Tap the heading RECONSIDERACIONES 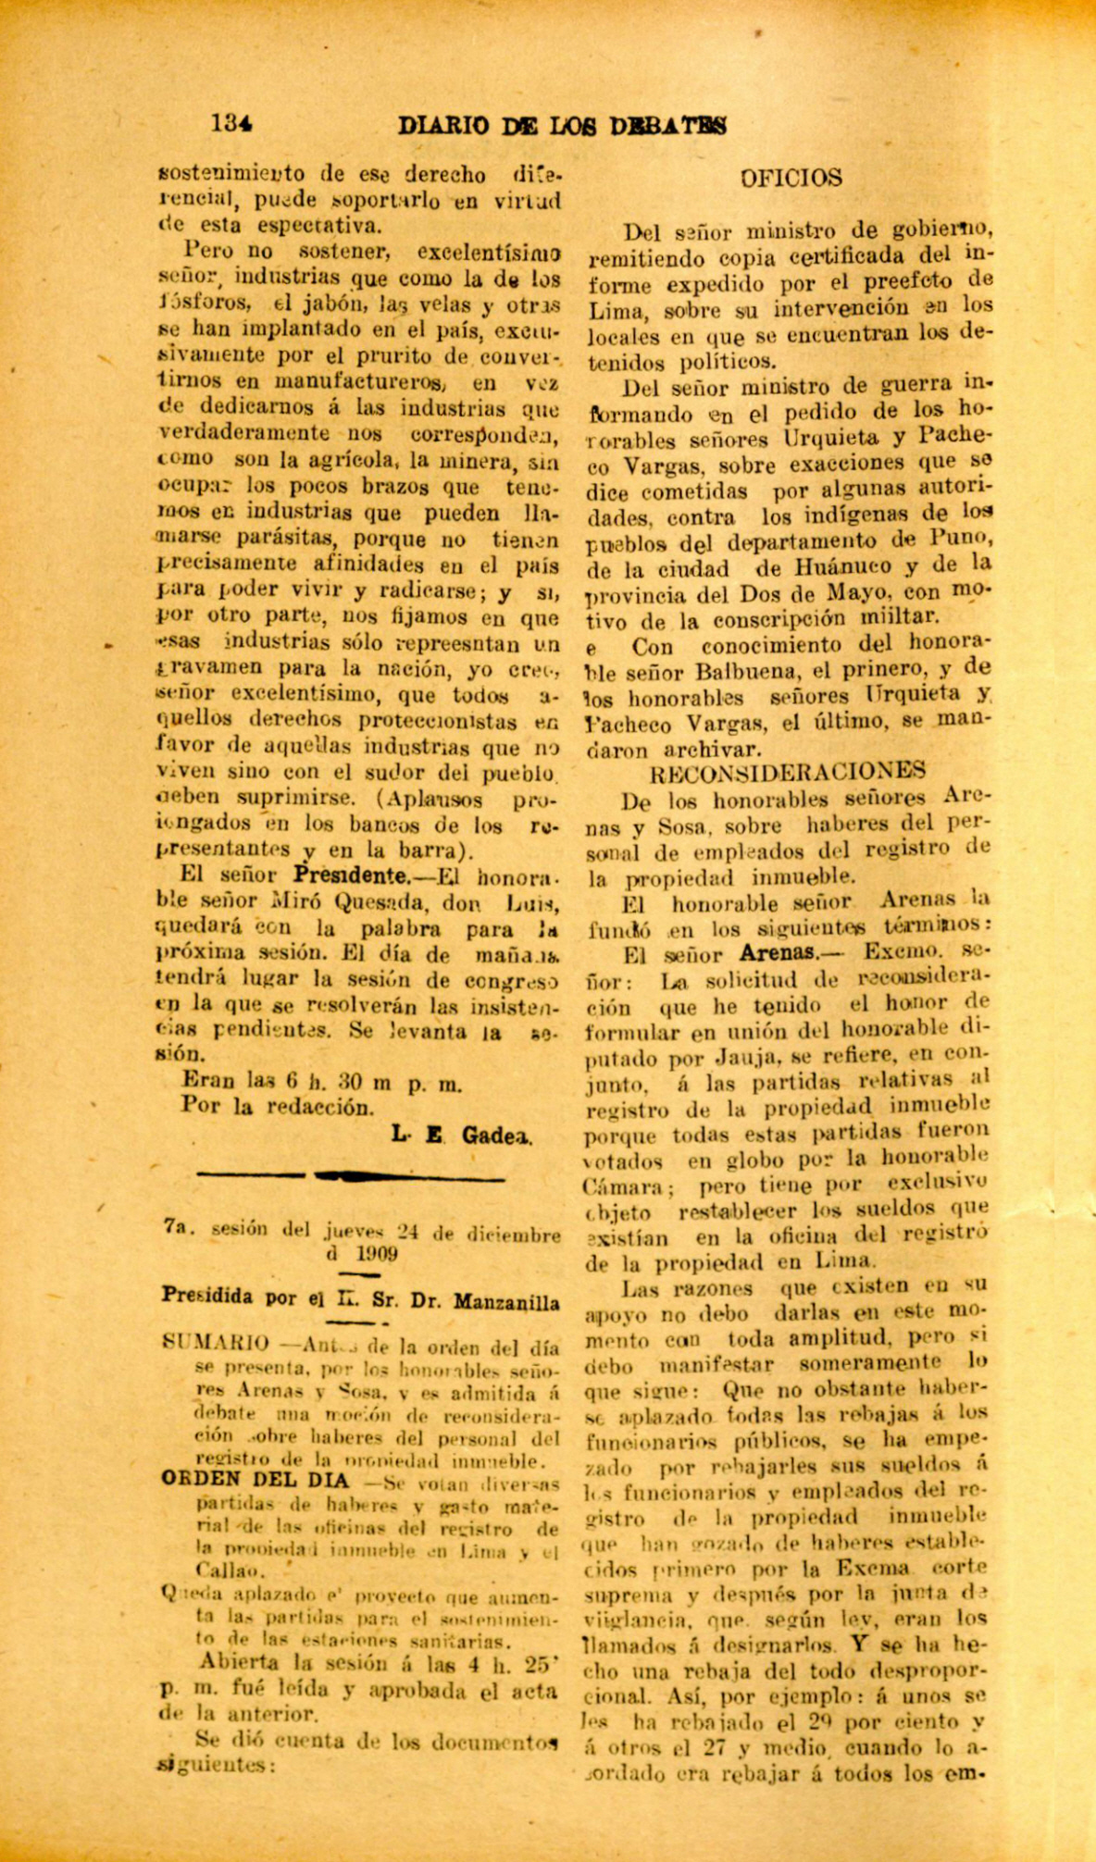790,772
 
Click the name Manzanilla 508,1301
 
